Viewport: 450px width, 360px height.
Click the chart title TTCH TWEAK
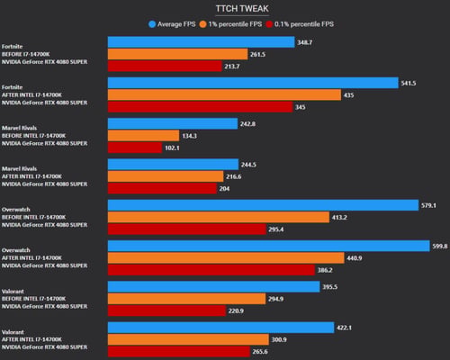click(x=242, y=9)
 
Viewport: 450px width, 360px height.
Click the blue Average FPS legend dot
click(x=152, y=24)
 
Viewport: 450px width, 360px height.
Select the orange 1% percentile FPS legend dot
click(x=203, y=24)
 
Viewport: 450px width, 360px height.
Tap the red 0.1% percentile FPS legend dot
click(x=269, y=24)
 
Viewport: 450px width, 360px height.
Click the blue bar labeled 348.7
click(x=202, y=42)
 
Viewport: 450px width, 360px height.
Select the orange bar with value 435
click(x=224, y=94)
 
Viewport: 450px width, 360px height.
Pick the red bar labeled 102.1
click(x=135, y=148)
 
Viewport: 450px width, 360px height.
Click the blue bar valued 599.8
click(x=269, y=246)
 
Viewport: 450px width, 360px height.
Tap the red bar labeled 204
click(x=162, y=188)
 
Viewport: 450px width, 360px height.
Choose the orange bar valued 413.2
click(x=219, y=217)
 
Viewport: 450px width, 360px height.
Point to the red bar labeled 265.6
click(x=179, y=352)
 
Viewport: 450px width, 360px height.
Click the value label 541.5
click(x=409, y=83)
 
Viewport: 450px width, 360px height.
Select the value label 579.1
click(x=428, y=205)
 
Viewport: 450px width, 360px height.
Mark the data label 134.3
click(x=190, y=136)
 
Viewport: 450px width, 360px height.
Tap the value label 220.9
click(x=236, y=311)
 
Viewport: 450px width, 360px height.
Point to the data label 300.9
click(x=279, y=339)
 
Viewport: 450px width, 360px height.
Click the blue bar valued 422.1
click(x=221, y=328)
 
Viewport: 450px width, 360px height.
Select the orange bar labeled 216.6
click(x=166, y=176)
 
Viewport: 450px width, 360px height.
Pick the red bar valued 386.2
click(x=211, y=270)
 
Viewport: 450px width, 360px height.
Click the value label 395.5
click(x=330, y=287)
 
